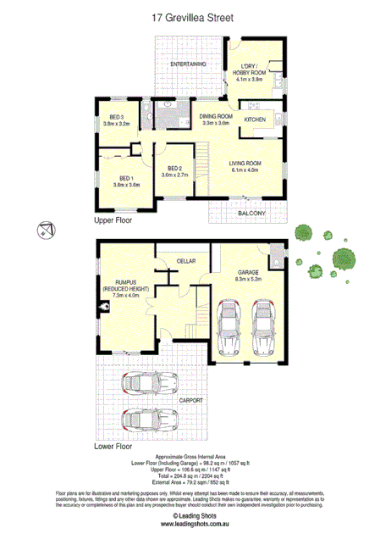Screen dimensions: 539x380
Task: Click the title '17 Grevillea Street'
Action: coord(190,16)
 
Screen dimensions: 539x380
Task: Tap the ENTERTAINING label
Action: coord(188,64)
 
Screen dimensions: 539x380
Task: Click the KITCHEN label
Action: coord(255,119)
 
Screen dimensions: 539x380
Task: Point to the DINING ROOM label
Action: coord(216,116)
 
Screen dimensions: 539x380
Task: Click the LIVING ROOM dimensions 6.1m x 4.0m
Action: coord(246,169)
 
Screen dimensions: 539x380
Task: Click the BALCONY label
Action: coord(251,213)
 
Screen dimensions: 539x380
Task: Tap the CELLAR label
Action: coord(186,260)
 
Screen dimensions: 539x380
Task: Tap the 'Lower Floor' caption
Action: coord(114,444)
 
